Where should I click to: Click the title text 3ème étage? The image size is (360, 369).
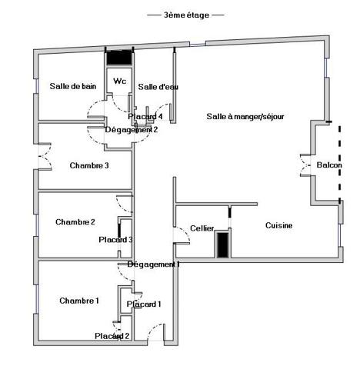pyautogui.click(x=185, y=15)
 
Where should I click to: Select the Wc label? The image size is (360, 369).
pyautogui.click(x=119, y=81)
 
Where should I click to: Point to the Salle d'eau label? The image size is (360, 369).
pyautogui.click(x=158, y=87)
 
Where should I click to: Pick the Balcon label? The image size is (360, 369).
pyautogui.click(x=329, y=165)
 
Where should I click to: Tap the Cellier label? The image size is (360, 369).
pyautogui.click(x=202, y=228)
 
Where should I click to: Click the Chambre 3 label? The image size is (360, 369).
pyautogui.click(x=89, y=165)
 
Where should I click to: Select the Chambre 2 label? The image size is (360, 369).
pyautogui.click(x=75, y=222)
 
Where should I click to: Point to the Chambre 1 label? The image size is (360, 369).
pyautogui.click(x=79, y=301)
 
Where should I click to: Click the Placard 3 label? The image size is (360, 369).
pyautogui.click(x=116, y=240)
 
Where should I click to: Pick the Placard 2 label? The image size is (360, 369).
pyautogui.click(x=112, y=336)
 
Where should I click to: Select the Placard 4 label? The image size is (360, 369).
pyautogui.click(x=145, y=116)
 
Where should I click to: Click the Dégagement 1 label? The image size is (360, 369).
pyautogui.click(x=153, y=264)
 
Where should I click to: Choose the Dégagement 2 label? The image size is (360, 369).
pyautogui.click(x=132, y=129)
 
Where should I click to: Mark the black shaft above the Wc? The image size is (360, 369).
pyautogui.click(x=119, y=58)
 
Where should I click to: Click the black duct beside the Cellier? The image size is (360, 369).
pyautogui.click(x=222, y=244)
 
